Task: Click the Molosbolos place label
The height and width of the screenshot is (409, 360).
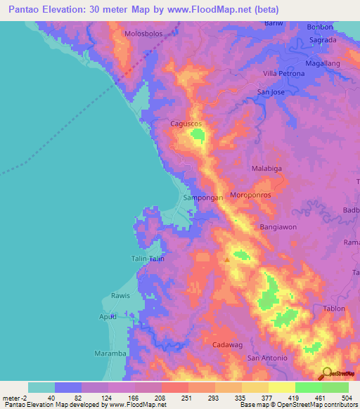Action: click(x=143, y=34)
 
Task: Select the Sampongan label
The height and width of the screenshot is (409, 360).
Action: click(x=202, y=198)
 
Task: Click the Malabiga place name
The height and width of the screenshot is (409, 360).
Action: click(x=267, y=169)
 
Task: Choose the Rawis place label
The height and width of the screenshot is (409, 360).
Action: click(x=120, y=296)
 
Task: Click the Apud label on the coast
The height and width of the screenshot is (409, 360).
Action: click(x=108, y=317)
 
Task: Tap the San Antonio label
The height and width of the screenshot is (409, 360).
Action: click(x=267, y=358)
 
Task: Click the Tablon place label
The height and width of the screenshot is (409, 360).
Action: click(x=334, y=309)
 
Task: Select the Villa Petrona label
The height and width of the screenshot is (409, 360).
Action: click(x=283, y=74)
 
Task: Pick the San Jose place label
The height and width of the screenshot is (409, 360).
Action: click(x=271, y=92)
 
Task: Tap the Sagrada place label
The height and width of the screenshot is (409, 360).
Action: click(x=323, y=40)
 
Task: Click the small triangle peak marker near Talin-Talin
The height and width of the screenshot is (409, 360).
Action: click(x=226, y=260)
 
